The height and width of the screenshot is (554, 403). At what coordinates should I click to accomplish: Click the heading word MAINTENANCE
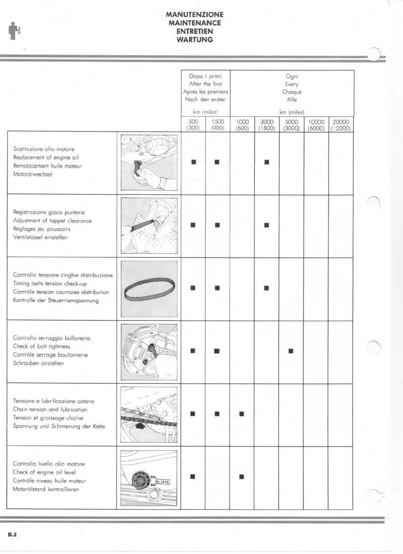pyautogui.click(x=194, y=23)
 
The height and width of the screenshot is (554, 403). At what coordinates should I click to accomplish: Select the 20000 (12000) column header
pyautogui.click(x=341, y=125)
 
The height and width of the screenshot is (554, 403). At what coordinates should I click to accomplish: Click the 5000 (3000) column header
pyautogui.click(x=292, y=125)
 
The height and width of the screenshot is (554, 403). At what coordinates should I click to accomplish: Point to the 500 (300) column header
pyautogui.click(x=193, y=125)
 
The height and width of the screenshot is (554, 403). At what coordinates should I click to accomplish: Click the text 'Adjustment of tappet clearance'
pyautogui.click(x=52, y=221)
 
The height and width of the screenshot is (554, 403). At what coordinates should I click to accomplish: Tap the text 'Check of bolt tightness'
pyautogui.click(x=41, y=346)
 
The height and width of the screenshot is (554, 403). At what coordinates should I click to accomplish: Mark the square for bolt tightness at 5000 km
pyautogui.click(x=291, y=351)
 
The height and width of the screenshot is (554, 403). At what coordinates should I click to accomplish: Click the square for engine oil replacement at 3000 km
pyautogui.click(x=267, y=162)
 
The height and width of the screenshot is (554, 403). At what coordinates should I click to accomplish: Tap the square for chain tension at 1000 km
pyautogui.click(x=242, y=414)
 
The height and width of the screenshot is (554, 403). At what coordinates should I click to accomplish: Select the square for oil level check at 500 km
pyautogui.click(x=193, y=476)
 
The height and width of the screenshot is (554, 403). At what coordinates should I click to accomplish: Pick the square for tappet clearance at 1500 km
pyautogui.click(x=218, y=225)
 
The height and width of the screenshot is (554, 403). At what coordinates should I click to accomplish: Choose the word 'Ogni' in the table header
pyautogui.click(x=292, y=77)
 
